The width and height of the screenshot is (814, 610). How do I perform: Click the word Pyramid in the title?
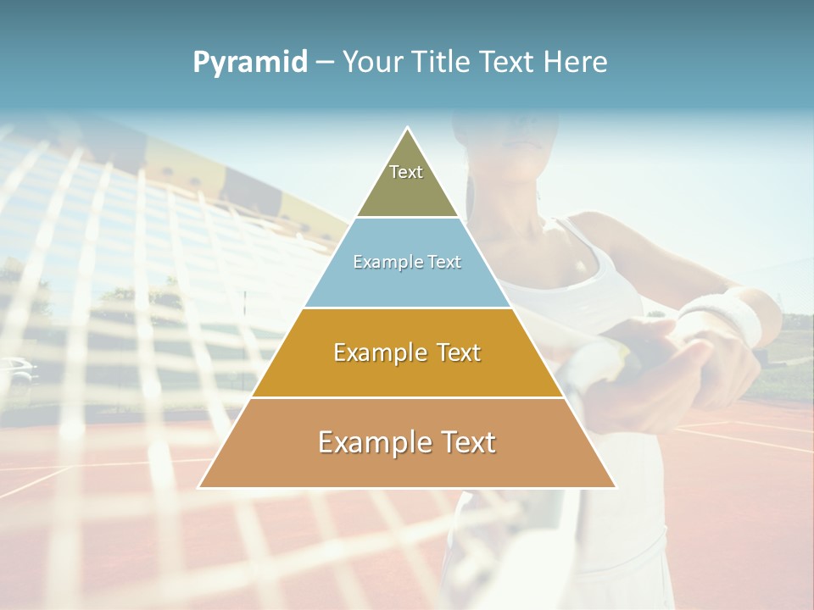click(x=250, y=63)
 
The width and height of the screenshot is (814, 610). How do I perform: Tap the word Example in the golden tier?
click(x=374, y=352)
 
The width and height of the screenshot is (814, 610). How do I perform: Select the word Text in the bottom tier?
click(x=461, y=442)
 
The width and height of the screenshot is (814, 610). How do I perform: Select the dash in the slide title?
click(x=325, y=63)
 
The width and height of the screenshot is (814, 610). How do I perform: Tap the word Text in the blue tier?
click(x=443, y=262)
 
